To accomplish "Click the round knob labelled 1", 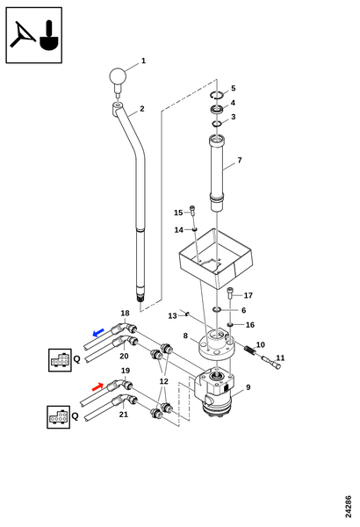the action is coord(117,76).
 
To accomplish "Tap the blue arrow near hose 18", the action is coord(98,333).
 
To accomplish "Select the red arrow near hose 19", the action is coord(97,386).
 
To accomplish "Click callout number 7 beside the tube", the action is coord(240,161).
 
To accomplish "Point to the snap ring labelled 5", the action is coord(217,95).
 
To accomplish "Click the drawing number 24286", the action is coord(349,507).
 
